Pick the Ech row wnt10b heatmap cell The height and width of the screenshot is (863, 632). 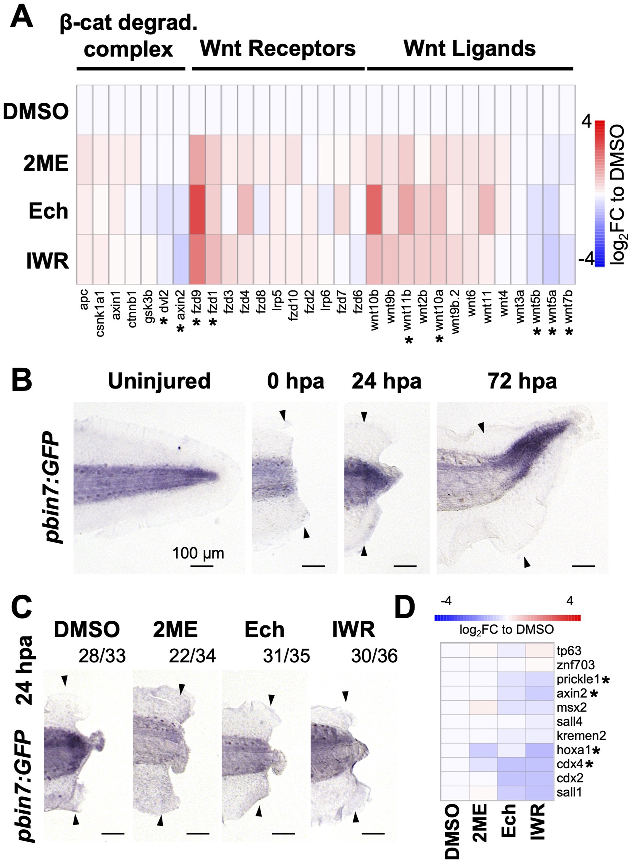(374, 209)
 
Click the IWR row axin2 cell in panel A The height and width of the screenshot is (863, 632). (181, 260)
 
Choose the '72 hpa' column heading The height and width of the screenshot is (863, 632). (523, 381)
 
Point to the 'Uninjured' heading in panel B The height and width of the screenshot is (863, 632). (159, 381)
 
